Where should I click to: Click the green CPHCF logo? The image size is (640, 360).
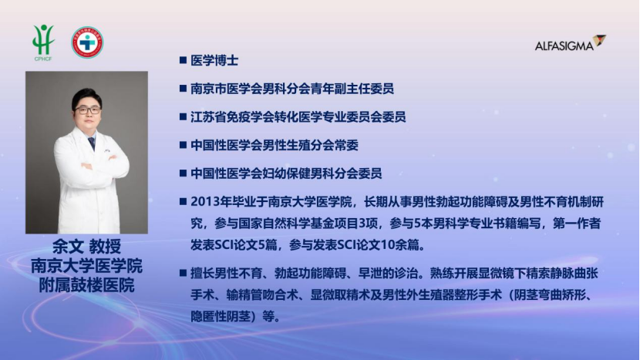pos(43,42)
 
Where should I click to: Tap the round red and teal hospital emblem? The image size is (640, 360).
pos(87,42)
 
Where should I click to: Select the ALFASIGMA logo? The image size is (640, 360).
pos(570,43)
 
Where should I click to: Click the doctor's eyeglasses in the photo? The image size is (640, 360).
pos(87,110)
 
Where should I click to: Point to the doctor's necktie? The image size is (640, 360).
pos(92,143)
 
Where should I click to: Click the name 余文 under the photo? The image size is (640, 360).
pos(68,247)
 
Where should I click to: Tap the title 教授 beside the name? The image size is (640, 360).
pos(106,247)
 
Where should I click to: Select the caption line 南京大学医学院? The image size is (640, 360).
pos(86,266)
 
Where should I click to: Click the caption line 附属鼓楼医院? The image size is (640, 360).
pos(86,285)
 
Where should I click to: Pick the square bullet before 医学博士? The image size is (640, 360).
pos(184,60)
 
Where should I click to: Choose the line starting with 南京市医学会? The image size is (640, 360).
pos(291,89)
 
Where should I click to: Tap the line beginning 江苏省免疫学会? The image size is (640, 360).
pos(298,116)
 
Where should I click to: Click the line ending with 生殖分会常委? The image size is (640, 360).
pos(275,145)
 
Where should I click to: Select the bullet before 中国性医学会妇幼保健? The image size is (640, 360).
pos(184,173)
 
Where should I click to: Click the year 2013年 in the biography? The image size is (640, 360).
pos(211,202)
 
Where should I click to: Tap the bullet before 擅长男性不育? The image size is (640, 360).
pos(184,273)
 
